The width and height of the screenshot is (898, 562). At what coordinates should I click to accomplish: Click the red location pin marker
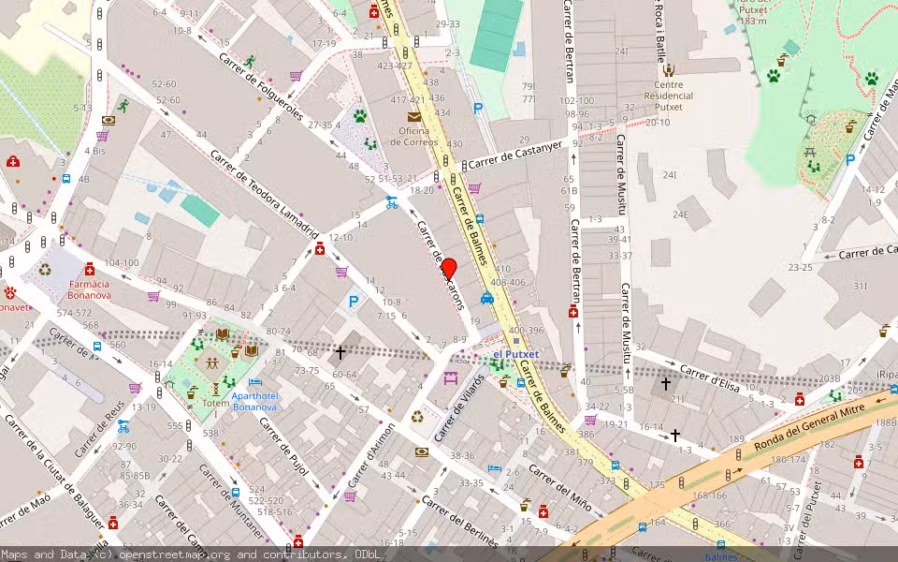[x=448, y=270]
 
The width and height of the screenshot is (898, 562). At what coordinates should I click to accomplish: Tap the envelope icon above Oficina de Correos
[x=413, y=117]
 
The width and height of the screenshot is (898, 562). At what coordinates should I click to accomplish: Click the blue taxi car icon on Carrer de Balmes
[x=487, y=299]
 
